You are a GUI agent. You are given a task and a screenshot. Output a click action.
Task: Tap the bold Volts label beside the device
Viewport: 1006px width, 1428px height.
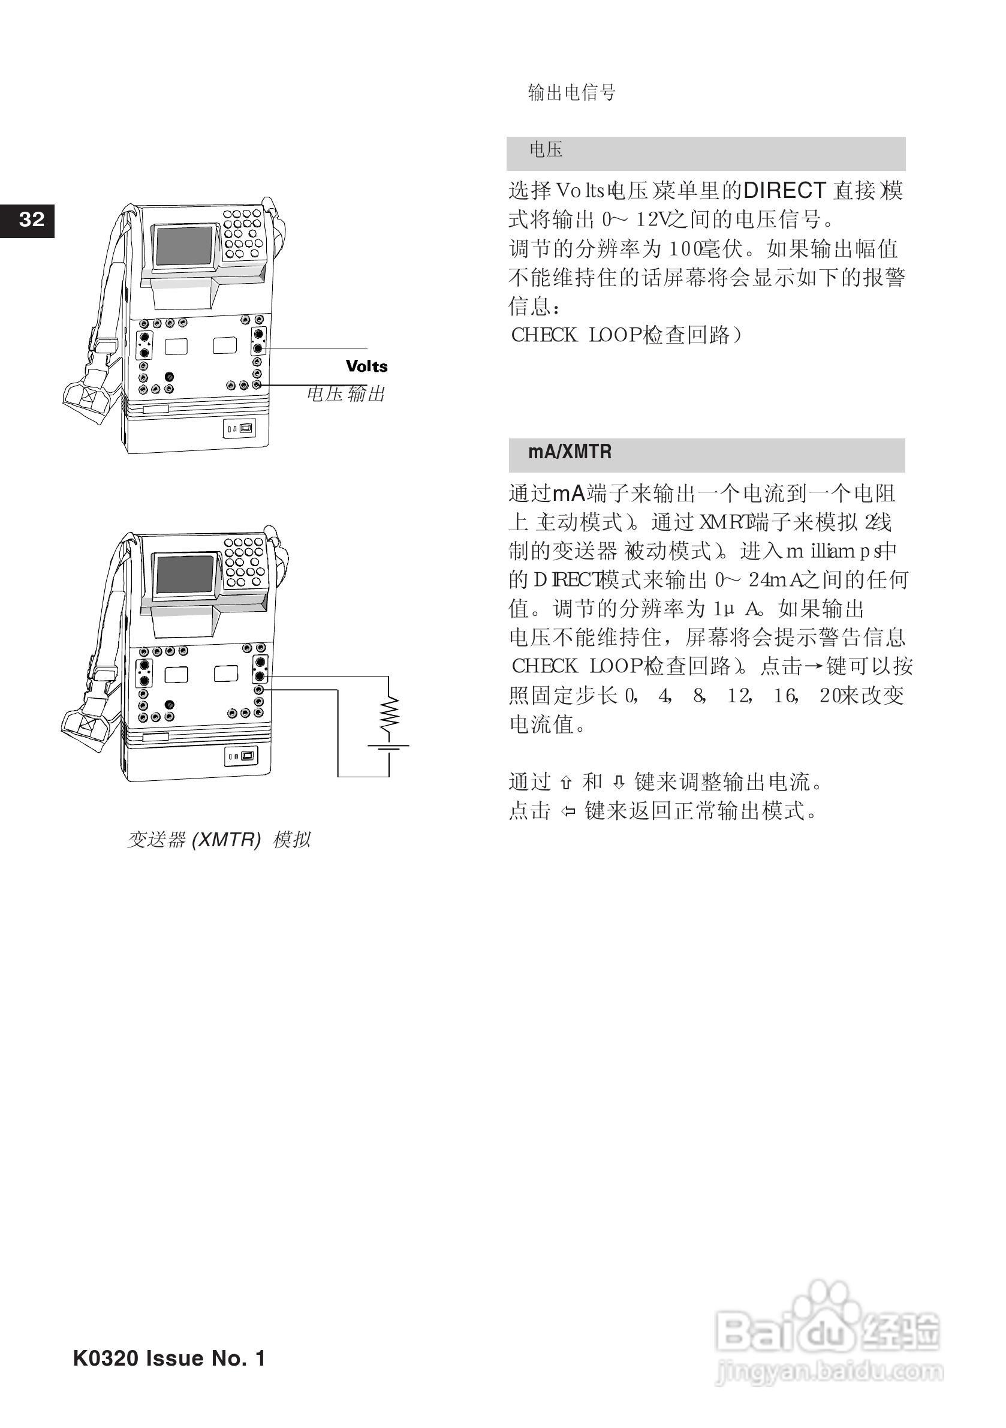pos(366,366)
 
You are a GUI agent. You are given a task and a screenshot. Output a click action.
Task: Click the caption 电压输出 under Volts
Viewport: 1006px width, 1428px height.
pos(347,393)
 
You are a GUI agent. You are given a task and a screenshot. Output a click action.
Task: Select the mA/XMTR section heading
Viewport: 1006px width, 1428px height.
pos(570,452)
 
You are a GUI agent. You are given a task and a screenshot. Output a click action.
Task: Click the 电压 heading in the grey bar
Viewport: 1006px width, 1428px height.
pos(546,150)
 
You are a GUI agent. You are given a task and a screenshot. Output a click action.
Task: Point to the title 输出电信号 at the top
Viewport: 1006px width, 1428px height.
pos(571,93)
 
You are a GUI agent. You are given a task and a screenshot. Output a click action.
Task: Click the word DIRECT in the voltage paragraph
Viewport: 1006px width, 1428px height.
pos(785,190)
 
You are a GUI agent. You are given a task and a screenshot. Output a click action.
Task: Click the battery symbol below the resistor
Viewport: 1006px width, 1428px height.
pos(389,748)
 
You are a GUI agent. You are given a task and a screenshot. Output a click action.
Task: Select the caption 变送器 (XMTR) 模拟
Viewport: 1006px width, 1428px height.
pos(219,840)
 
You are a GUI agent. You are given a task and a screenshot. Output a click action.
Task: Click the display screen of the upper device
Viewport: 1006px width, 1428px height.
pos(185,246)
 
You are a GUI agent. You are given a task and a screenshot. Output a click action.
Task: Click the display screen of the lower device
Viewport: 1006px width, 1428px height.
pos(185,573)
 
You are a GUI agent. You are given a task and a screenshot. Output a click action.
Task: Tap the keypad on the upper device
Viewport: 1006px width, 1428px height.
pos(242,233)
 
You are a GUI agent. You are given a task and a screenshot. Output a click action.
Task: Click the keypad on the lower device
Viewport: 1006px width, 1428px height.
pos(243,561)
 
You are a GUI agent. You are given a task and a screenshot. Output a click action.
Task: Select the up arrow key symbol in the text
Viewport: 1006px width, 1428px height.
pos(565,783)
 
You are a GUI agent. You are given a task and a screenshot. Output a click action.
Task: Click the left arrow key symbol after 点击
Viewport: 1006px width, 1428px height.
pos(568,811)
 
